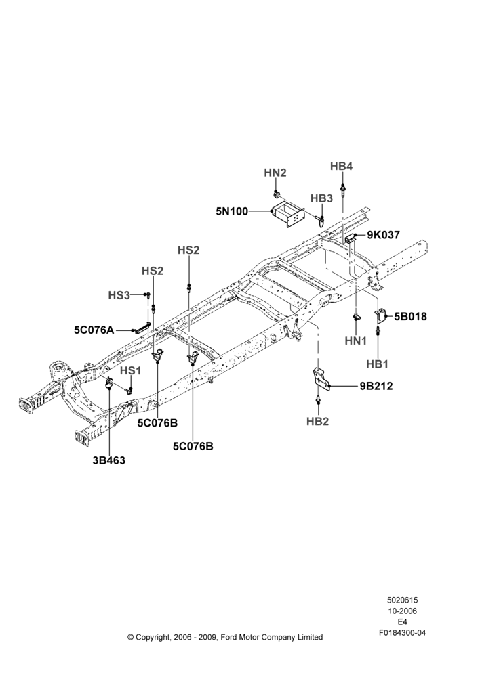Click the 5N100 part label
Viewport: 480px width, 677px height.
coord(232,211)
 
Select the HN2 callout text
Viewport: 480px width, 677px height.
coord(275,173)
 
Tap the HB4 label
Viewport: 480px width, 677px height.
coord(341,167)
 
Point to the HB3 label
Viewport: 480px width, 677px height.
coord(321,198)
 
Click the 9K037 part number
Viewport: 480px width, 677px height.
coord(384,235)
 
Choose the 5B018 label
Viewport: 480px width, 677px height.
coord(410,316)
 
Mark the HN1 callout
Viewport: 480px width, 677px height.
coord(355,341)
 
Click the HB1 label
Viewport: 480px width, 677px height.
coord(377,364)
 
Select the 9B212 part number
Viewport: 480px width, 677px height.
coord(376,386)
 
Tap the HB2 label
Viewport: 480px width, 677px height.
coord(317,421)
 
